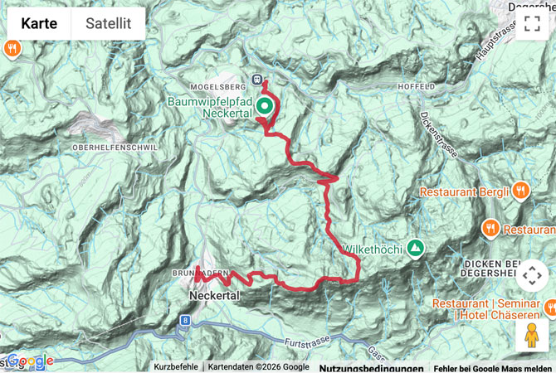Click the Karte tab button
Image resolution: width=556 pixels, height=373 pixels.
coord(39,24)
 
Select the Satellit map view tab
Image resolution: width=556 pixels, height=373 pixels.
coord(108,24)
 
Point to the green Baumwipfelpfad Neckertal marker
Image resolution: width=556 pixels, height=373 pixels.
coord(265,105)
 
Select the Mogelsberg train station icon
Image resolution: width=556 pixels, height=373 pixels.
coord(258,80)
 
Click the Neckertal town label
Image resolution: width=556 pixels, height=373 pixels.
coord(214,294)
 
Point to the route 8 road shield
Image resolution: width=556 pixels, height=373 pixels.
coord(184,318)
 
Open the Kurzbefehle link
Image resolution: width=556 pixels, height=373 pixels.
coord(175,367)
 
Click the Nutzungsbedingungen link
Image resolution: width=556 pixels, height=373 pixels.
coord(370,367)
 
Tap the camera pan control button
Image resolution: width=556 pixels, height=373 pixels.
coord(532,274)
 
